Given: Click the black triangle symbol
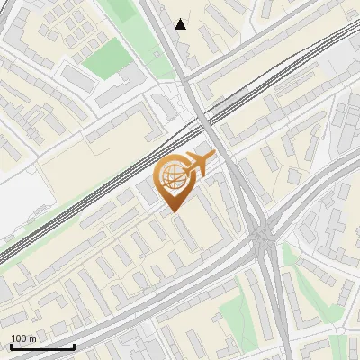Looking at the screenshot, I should (181, 24).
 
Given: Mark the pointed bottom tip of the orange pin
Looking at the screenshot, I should (173, 211).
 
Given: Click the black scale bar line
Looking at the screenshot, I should (42, 346).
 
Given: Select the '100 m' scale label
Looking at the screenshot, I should (24, 338).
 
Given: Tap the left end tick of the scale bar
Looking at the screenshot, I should (11, 345).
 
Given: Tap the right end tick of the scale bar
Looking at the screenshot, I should (74, 345).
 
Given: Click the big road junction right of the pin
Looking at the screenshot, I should (264, 238).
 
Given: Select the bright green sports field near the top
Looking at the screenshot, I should (108, 59).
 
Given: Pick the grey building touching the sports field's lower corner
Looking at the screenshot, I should (112, 93).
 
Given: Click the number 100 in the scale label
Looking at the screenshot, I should (19, 338).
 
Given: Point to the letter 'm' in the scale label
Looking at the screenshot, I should (32, 338).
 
